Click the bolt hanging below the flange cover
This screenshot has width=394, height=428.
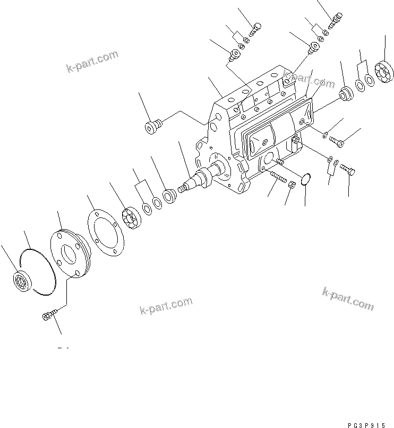(46, 316)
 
